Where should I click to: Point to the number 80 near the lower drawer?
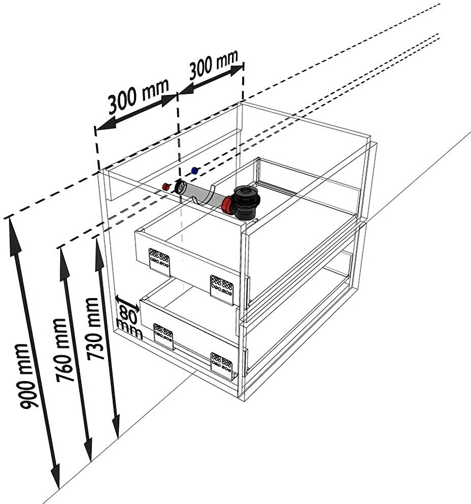[128, 312]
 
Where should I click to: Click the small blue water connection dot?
[194, 171]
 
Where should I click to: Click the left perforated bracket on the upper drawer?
[159, 261]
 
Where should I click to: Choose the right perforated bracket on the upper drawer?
[222, 289]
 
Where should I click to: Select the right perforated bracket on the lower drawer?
[222, 364]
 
